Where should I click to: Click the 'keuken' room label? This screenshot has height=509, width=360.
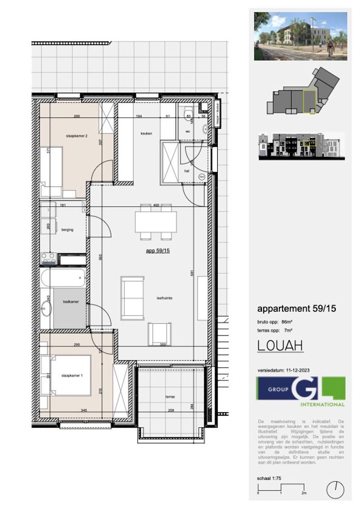(146, 134)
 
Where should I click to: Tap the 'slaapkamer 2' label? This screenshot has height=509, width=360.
(77, 136)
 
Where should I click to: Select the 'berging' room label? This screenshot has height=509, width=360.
(67, 230)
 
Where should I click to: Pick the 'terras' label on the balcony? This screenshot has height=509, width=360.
(170, 397)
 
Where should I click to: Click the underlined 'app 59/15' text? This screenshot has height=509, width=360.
(158, 251)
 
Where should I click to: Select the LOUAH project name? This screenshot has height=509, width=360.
(280, 346)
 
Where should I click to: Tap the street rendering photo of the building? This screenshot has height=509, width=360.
(301, 36)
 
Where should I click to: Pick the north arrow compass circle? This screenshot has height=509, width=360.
(335, 490)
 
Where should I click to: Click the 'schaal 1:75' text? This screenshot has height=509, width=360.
(269, 478)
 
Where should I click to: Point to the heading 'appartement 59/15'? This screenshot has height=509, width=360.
(297, 309)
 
